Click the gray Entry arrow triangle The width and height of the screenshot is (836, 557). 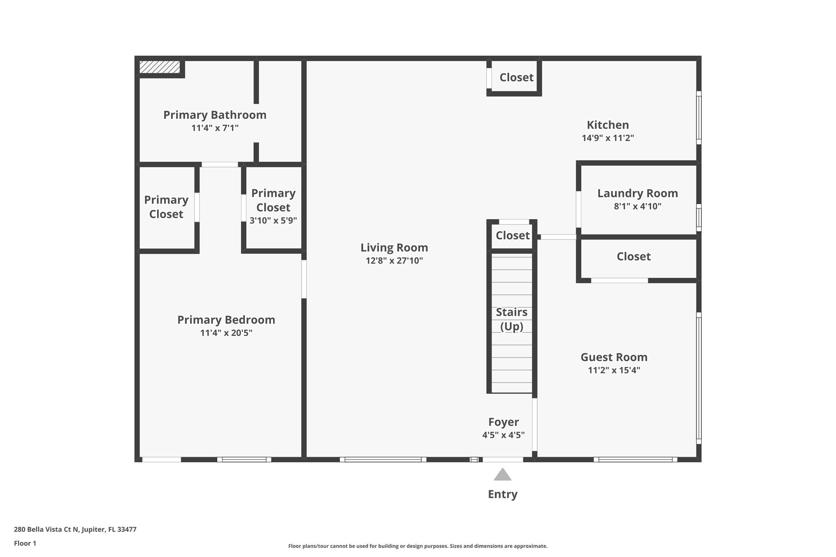(502, 475)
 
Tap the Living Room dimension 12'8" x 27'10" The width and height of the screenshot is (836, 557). (394, 261)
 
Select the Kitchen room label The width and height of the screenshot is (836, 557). (607, 125)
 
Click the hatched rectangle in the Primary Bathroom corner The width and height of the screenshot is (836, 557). (160, 67)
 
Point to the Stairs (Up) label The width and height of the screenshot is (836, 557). (511, 319)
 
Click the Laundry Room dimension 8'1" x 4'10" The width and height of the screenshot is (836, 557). (637, 206)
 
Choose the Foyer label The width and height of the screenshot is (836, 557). (503, 422)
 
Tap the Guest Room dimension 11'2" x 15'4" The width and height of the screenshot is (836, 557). (614, 371)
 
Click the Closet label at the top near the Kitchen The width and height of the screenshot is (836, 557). (516, 78)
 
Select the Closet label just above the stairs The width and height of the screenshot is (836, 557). (512, 235)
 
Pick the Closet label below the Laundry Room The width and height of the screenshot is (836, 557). (633, 257)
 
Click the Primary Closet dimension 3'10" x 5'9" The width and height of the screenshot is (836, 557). (273, 221)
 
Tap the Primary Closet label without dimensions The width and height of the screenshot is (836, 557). (166, 207)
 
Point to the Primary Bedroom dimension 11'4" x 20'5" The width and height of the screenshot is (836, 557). (226, 333)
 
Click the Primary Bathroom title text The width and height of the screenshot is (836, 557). (215, 115)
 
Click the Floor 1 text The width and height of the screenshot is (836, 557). (25, 544)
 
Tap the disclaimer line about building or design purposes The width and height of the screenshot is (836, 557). (418, 546)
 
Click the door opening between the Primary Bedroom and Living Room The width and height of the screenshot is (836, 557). (304, 279)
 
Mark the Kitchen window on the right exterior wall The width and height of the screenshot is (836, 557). (698, 118)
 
